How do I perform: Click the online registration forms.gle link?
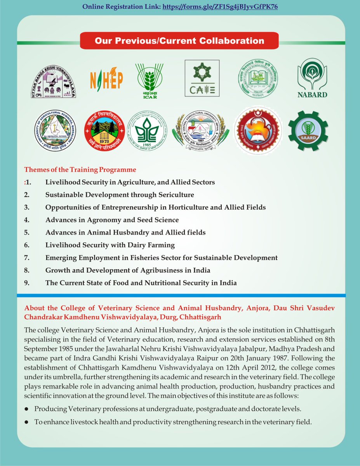pos(220,7)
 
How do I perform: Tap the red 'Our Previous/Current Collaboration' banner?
pos(179,41)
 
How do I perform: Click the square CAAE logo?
pos(202,78)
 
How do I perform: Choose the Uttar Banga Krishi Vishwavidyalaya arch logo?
pos(53,81)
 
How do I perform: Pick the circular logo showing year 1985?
pos(148,131)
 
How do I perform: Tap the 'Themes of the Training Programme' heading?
pos(80,170)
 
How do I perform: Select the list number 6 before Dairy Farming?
pos(27,245)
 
